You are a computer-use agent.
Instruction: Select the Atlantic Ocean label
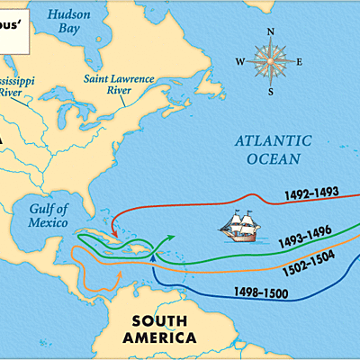274,149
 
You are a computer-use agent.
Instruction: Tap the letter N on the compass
271,33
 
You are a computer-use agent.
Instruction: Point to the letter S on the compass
271,90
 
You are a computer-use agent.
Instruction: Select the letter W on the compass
240,61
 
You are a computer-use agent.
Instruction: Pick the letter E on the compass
300,61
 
